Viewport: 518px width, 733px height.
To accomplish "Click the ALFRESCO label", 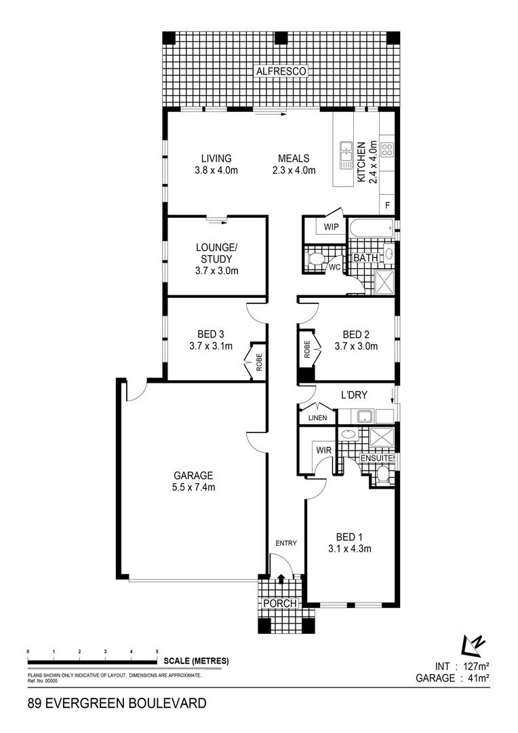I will (281, 71).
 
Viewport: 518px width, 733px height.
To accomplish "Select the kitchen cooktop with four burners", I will (387, 151).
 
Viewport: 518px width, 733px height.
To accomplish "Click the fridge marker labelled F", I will (388, 205).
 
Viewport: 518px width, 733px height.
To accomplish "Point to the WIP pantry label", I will (332, 227).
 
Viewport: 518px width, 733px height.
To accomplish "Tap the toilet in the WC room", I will (315, 260).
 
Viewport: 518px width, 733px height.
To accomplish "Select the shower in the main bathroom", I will (384, 284).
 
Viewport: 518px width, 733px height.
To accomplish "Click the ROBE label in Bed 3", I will (258, 360).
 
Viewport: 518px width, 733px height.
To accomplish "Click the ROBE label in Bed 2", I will (306, 349).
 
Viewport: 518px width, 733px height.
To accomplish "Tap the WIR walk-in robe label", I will (322, 449).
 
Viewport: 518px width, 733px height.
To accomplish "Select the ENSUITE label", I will (376, 459).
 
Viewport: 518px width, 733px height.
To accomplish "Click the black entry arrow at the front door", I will (281, 579).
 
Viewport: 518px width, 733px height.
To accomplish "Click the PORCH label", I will (280, 603).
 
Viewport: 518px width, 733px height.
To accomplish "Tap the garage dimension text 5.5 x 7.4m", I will (194, 487).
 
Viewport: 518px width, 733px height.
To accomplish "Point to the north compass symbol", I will (471, 643).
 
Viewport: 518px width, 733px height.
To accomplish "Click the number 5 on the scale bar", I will (157, 651).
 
